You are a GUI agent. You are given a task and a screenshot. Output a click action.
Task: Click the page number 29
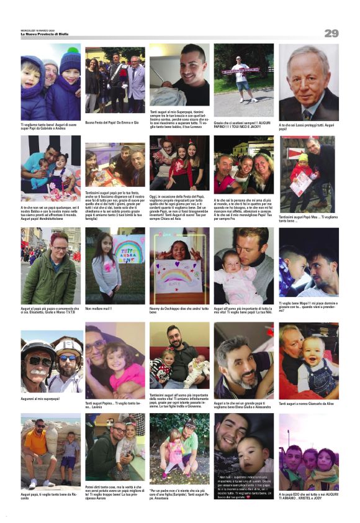(x=331, y=33)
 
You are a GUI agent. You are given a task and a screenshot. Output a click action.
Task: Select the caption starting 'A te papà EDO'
(x=308, y=496)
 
